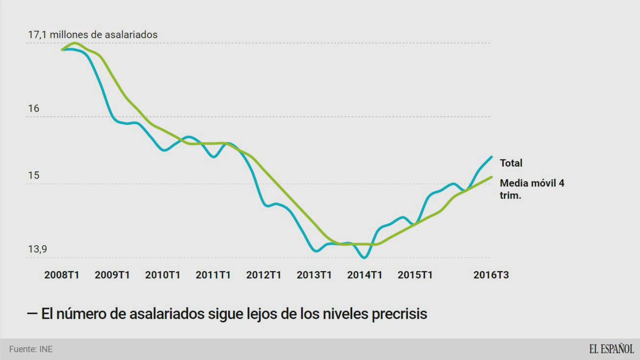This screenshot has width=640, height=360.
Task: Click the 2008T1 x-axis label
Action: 62,275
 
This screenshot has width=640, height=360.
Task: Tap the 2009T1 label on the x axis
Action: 112,275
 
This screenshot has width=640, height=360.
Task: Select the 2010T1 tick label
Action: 163,275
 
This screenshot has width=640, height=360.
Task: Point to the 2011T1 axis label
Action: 213,275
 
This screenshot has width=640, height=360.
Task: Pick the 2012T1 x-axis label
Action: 264,275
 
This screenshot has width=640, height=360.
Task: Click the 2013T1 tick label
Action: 314,275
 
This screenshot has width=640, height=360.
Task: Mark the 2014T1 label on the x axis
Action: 365,275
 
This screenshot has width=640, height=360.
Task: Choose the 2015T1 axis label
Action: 415,275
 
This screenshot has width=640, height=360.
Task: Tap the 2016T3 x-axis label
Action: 491,275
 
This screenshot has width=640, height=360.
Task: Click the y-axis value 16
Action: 33,109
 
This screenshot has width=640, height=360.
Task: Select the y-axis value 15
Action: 33,175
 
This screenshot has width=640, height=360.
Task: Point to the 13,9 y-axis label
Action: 38,249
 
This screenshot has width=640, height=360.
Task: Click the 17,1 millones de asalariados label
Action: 93,35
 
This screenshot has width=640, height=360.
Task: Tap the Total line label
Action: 511,163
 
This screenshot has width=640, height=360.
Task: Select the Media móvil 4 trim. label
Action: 532,189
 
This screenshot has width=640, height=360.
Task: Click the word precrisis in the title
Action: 399,314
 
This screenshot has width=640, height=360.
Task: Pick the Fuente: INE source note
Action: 31,349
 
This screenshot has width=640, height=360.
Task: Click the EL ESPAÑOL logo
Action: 611,349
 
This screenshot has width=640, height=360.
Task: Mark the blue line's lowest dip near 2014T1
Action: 364,258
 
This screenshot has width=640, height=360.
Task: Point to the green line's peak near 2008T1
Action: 74,43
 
